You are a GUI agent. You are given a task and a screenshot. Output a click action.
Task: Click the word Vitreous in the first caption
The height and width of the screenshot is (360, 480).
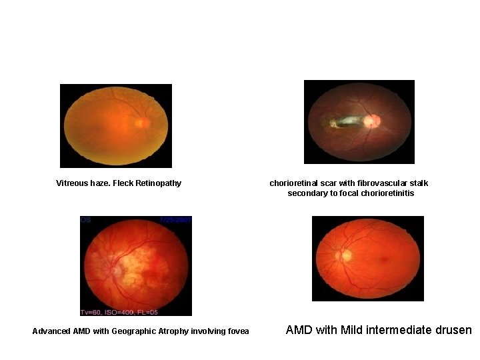(x=72, y=183)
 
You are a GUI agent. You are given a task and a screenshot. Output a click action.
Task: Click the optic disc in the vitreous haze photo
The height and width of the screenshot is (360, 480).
(x=141, y=123)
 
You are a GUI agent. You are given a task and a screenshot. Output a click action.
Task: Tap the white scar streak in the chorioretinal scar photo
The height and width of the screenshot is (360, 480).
(x=347, y=121)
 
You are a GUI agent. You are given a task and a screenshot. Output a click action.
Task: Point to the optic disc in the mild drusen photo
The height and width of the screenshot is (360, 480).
(x=345, y=255)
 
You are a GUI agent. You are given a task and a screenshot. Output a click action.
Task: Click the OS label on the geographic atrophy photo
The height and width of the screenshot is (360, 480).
(x=86, y=219)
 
